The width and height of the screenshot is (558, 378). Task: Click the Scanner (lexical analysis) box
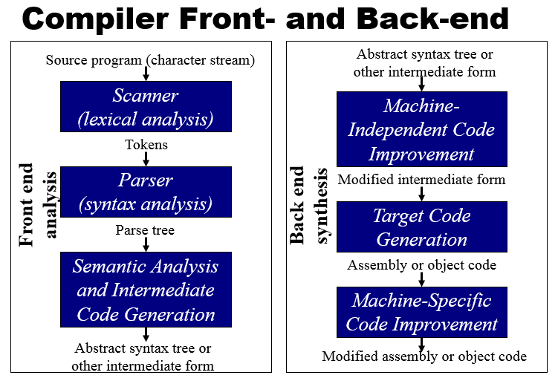point(146,107)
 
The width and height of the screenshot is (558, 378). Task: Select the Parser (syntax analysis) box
point(146,192)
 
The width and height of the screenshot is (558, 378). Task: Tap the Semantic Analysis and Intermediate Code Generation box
point(146,290)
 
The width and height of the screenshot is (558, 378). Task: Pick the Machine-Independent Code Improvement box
point(421,129)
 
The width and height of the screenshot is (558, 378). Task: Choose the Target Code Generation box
point(421,227)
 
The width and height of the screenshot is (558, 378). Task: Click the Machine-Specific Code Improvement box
point(421,312)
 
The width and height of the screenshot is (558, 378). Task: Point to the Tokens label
point(146,145)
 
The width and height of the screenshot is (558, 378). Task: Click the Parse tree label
point(145,230)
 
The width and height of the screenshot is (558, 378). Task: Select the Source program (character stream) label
point(150,60)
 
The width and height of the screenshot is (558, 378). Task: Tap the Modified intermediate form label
point(421,179)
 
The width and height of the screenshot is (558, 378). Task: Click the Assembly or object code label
point(421,264)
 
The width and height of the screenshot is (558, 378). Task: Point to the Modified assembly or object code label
point(424,356)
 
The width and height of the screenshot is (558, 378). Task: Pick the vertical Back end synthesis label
point(308,206)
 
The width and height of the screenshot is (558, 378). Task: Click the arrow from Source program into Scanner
point(146,74)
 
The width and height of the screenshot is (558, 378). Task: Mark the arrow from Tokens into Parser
point(146,159)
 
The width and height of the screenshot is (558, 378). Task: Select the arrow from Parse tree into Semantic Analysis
point(146,244)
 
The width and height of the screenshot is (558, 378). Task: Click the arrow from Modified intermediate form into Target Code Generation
point(421,193)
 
